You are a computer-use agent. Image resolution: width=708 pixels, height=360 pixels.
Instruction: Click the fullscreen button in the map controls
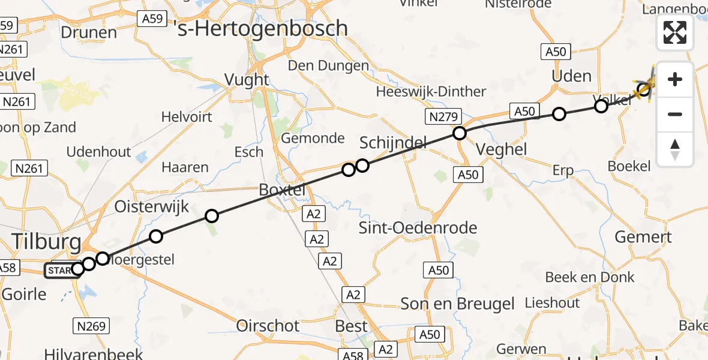675,32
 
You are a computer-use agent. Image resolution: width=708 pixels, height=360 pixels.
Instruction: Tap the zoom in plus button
675,79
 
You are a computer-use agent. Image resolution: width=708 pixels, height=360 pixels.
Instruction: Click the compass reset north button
675,149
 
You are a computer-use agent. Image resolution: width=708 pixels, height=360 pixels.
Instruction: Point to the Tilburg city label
47,243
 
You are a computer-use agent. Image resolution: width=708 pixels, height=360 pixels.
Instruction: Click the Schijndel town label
393,143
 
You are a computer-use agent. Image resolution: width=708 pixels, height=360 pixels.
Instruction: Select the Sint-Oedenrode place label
418,228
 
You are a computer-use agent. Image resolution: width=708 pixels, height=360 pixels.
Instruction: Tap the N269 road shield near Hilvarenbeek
92,326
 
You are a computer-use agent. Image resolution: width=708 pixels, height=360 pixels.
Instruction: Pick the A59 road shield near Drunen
152,19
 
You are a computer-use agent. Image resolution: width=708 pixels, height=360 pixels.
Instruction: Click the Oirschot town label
268,326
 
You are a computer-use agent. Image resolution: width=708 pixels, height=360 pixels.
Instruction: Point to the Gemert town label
643,237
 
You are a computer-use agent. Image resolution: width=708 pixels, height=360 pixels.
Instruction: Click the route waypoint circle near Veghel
460,133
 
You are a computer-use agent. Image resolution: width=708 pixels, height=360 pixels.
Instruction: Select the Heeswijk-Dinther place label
431,92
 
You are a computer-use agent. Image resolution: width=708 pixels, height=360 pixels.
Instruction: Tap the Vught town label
247,79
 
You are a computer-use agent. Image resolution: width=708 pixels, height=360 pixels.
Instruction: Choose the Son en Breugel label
458,304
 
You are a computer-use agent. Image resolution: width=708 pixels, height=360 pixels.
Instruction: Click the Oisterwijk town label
152,208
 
